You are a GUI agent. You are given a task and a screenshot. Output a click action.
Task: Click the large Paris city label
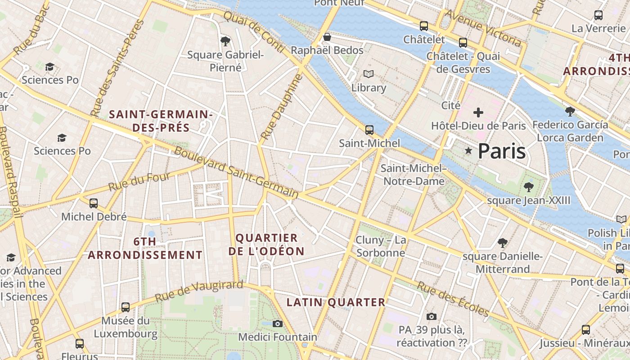coord(501,151)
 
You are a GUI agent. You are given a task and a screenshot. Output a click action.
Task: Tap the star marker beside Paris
coord(468,151)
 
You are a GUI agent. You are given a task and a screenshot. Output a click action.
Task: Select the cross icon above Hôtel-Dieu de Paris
coord(478,112)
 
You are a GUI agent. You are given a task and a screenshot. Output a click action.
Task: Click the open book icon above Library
coord(369,74)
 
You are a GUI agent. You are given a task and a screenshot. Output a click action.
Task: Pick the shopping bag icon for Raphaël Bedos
coord(327,36)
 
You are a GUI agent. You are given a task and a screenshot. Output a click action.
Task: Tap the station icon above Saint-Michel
coord(369,130)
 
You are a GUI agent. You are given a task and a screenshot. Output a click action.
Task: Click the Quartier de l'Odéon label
coord(266,244)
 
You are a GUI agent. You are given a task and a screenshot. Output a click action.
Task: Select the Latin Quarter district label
coord(336,302)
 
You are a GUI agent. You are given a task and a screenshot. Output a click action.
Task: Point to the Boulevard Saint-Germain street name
coord(236,172)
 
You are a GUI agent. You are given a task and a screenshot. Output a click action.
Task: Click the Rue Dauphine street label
coord(282,107)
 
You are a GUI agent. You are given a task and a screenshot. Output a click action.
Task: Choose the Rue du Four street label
coord(139,181)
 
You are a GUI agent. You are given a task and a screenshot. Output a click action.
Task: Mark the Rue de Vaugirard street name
coord(199,292)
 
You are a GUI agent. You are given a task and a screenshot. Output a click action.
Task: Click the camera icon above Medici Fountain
coord(278,324)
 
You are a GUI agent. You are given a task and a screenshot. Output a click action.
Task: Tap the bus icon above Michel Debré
coord(94,203)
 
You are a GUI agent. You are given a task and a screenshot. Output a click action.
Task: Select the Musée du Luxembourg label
coord(126,327)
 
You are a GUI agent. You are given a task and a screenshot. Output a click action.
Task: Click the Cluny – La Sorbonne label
coord(381,247)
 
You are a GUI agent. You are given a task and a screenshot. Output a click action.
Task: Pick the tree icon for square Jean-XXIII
coord(528,187)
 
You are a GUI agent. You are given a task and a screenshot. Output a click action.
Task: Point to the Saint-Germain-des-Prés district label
coord(161,121)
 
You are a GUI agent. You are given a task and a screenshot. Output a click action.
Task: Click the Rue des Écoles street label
coord(453,299)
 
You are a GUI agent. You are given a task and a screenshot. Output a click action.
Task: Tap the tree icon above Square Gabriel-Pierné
coord(225,41)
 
